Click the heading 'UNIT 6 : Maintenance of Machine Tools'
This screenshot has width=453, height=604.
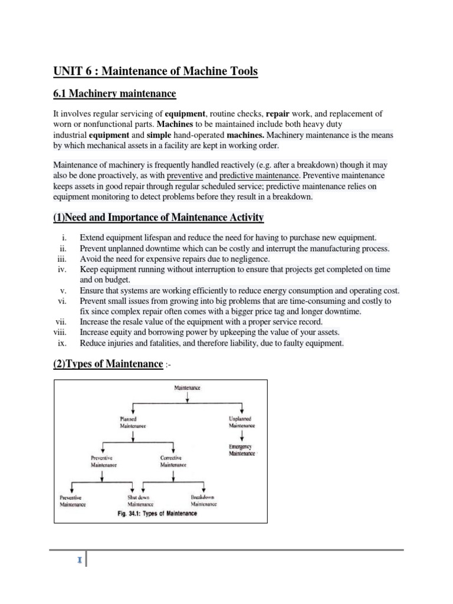tap(155, 71)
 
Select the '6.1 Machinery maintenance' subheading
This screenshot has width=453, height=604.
tap(114, 94)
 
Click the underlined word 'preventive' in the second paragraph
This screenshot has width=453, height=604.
tap(185, 176)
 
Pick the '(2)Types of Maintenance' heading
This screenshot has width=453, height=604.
tap(109, 364)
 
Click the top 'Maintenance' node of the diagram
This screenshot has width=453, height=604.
tap(187, 388)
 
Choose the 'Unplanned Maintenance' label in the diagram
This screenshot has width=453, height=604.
tap(242, 422)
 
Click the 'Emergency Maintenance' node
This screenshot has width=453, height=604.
tap(242, 450)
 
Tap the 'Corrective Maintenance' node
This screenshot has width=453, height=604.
tap(173, 461)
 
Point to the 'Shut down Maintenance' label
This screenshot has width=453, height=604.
tap(140, 501)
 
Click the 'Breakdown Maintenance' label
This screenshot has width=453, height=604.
tap(203, 501)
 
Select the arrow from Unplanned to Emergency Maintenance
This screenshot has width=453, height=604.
tap(242, 436)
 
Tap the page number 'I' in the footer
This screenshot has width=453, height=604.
tap(79, 559)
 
